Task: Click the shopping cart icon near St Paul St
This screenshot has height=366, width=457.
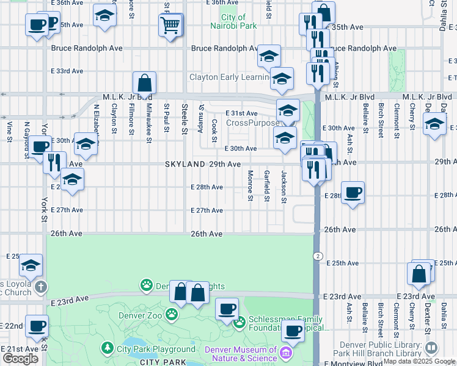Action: tap(170, 25)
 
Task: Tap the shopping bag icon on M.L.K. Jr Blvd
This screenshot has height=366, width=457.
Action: tap(144, 82)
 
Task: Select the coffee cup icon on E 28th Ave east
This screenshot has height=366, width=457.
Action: tap(353, 193)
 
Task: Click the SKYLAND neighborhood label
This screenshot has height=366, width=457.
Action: tap(185, 165)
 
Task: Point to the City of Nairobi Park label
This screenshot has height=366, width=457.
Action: tap(239, 22)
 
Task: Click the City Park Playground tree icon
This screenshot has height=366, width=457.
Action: tap(108, 348)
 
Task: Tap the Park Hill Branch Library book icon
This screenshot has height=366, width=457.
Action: tap(431, 348)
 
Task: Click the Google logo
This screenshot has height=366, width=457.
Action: tap(20, 359)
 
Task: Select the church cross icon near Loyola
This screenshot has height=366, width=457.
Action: tap(40, 286)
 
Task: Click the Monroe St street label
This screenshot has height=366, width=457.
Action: tap(250, 185)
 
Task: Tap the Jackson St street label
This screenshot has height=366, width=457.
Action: tap(283, 187)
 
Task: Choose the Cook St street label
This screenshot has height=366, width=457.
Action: tap(214, 130)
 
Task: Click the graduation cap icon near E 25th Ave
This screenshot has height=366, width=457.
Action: tap(31, 265)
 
